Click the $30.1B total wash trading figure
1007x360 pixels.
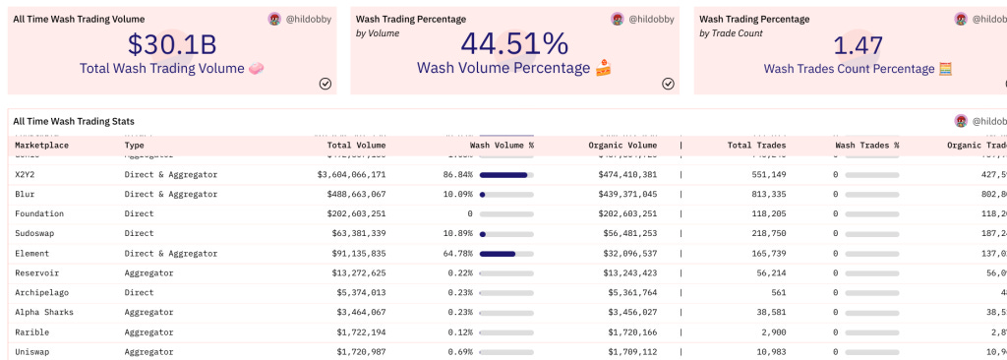[x=173, y=44]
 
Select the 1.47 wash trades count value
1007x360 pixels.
[x=858, y=44]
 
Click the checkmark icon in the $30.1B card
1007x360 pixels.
[x=326, y=84]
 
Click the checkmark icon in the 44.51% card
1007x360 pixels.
[x=668, y=84]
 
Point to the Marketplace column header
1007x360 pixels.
[x=41, y=145]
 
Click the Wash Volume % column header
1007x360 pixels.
[x=502, y=145]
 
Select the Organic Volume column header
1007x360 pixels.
[x=623, y=145]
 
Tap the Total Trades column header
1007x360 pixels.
[x=757, y=145]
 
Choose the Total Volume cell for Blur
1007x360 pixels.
[x=351, y=194]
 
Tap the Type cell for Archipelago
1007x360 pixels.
[x=140, y=292]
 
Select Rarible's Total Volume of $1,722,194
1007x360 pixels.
[x=351, y=331]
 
